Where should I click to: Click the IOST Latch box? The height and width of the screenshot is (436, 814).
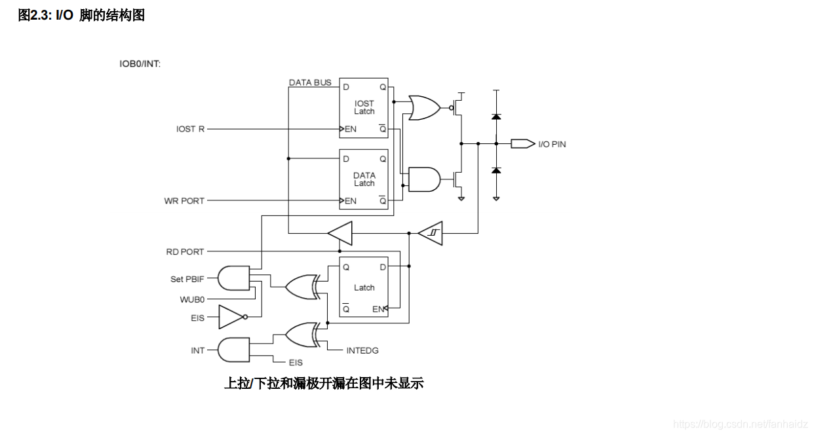point(364,107)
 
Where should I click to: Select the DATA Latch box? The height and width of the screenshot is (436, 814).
point(364,179)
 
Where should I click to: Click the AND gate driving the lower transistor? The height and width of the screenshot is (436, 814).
point(423,178)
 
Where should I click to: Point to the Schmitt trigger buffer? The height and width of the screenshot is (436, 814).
point(431,232)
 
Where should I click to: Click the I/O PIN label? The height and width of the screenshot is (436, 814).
point(552,143)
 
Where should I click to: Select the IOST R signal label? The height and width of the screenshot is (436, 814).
point(190,129)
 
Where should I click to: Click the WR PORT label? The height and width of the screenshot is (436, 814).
point(184,201)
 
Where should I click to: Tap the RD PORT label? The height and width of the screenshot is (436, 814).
point(185,251)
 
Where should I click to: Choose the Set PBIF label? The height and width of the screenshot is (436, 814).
point(187,279)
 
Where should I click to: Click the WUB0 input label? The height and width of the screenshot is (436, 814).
point(192,299)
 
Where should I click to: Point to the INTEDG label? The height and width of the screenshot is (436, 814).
point(362,350)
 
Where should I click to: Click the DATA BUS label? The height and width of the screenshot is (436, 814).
point(310,82)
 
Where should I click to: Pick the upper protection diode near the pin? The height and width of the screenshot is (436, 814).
point(496,117)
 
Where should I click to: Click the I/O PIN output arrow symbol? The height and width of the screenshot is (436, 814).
point(522,143)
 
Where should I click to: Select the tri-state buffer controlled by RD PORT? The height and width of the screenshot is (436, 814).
point(339,232)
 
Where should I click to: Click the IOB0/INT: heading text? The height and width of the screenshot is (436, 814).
point(140,64)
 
